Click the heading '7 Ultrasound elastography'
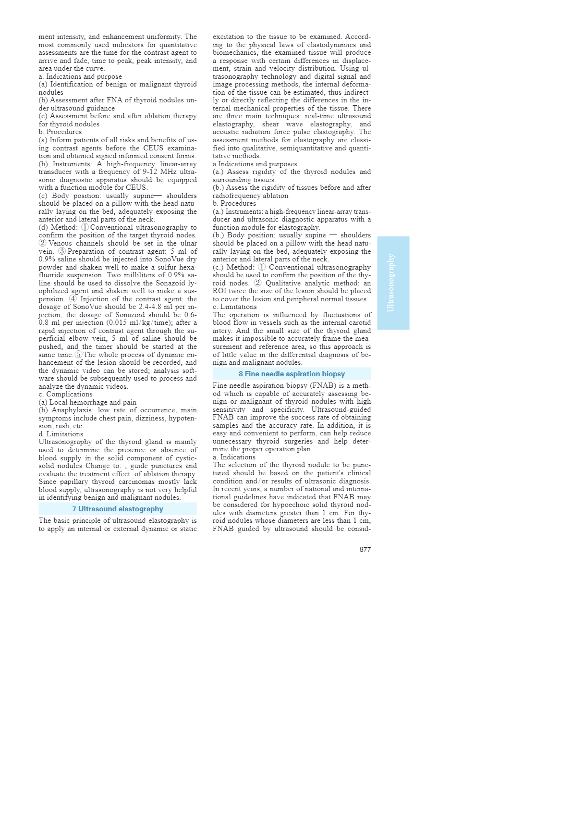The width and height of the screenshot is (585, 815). (x=118, y=509)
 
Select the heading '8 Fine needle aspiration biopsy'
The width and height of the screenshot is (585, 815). (x=292, y=374)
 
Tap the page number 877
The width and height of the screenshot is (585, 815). (x=365, y=549)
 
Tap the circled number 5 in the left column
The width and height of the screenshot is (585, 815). (x=78, y=355)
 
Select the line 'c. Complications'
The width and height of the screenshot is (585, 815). (x=65, y=395)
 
